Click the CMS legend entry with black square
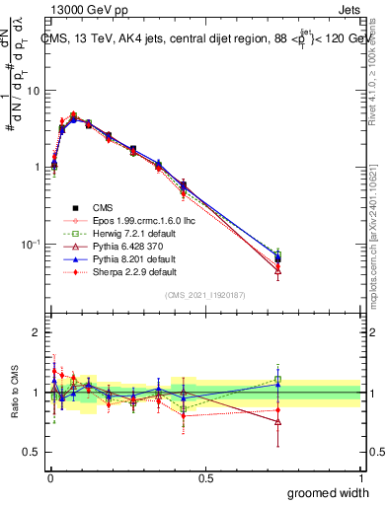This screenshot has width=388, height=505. tap(104, 207)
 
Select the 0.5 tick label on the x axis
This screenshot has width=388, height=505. tap(204, 478)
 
